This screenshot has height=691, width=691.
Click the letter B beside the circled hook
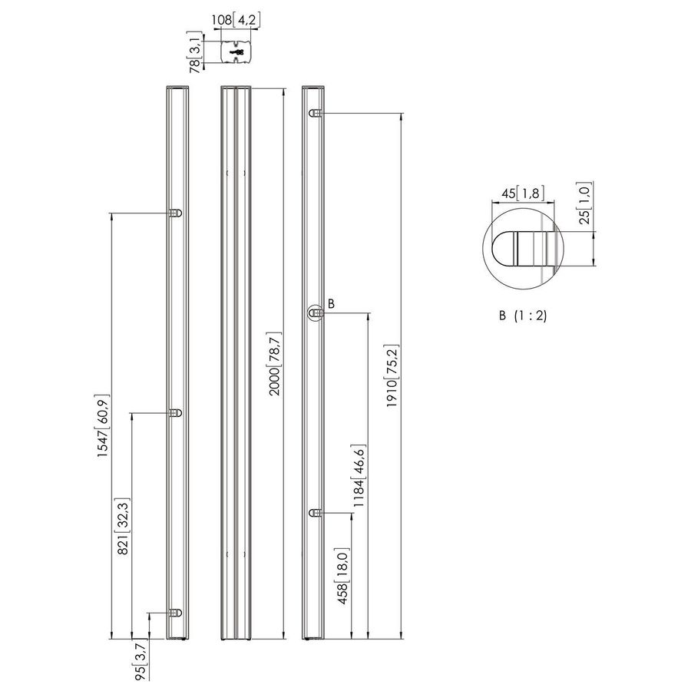coord(331,304)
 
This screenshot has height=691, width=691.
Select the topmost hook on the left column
coord(176,213)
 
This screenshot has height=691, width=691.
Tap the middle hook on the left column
coord(176,413)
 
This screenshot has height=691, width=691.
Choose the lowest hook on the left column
coord(176,613)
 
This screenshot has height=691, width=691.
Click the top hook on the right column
coord(315,114)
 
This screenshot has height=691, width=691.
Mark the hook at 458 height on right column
coord(315,512)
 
